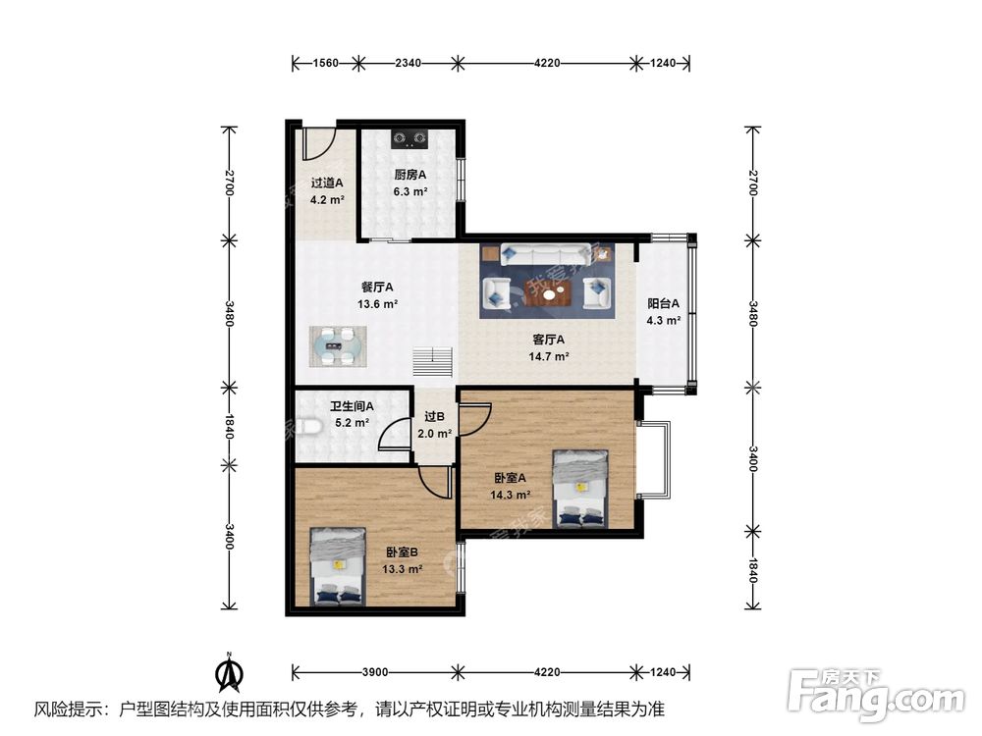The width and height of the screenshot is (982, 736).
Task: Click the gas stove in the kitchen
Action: [x=409, y=138]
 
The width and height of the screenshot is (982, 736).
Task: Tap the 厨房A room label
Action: [x=410, y=176]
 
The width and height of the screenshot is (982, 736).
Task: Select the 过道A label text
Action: [x=327, y=184]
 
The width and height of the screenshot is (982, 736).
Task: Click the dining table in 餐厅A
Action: [x=339, y=346]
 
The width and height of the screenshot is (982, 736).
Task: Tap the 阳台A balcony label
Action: [x=663, y=304]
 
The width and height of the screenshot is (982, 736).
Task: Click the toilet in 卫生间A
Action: [x=308, y=428]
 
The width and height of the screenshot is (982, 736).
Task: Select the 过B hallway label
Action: [x=435, y=417]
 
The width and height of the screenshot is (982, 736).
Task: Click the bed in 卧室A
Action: [x=580, y=489]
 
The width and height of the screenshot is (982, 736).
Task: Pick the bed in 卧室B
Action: [x=338, y=567]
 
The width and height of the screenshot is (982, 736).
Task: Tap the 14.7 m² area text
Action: [x=549, y=357]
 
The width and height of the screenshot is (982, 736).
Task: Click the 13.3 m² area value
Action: [x=402, y=569]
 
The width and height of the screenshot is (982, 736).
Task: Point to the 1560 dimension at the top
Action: [x=326, y=63]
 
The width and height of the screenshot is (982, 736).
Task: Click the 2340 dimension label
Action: [x=408, y=63]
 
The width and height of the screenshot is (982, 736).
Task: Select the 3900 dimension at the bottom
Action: [x=375, y=672]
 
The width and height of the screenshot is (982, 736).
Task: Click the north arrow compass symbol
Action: [x=229, y=672]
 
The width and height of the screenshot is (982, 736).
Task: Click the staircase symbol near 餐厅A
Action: [x=432, y=362]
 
